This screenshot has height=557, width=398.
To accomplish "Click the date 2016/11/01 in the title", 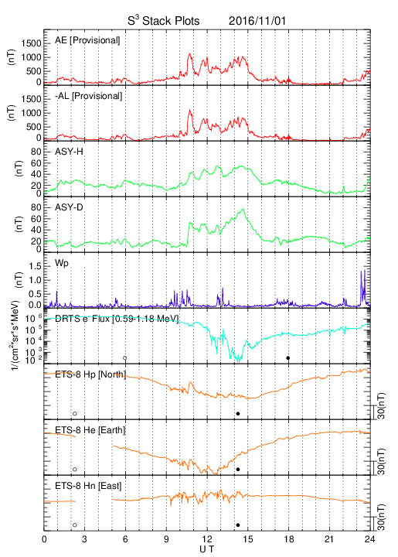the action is [x=257, y=21].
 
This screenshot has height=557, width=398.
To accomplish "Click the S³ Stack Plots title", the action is [x=164, y=21].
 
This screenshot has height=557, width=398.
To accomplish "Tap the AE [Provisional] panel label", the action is [x=87, y=40].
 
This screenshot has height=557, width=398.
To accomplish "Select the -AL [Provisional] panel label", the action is [x=88, y=96].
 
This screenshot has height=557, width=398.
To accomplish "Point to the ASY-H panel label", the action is [x=69, y=152].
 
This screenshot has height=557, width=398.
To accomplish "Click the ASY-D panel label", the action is [x=69, y=207].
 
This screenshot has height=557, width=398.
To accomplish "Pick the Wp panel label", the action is [x=61, y=264].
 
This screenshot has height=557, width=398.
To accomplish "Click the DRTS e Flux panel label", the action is [x=117, y=318].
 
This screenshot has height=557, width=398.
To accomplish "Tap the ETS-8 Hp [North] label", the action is [x=90, y=374].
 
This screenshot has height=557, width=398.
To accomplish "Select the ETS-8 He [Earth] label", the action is [x=90, y=430].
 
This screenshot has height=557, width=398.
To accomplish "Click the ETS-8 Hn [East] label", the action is [x=88, y=486].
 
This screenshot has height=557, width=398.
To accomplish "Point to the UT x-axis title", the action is [x=206, y=549].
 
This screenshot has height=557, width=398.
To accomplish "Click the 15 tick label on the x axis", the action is [x=248, y=539].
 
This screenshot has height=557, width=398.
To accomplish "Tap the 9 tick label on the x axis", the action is [x=166, y=539].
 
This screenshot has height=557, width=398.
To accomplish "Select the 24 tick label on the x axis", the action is [x=369, y=539].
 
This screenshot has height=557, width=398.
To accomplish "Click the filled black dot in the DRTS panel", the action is [x=288, y=358].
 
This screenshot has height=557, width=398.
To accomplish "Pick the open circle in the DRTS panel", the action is [x=125, y=358].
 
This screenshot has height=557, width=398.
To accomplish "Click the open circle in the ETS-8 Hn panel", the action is [x=75, y=525].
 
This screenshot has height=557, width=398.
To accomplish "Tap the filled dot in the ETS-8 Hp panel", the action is [x=238, y=413].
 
